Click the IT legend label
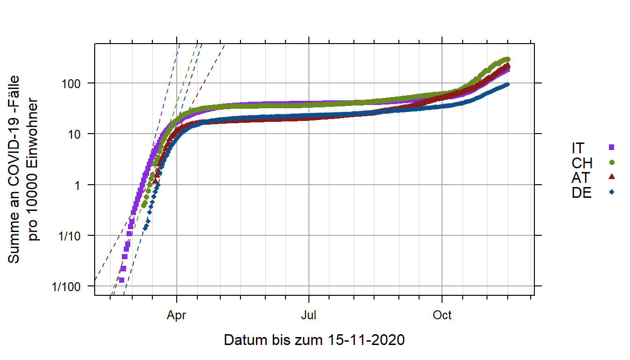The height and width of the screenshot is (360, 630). tap(578, 148)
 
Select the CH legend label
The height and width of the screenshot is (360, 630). tap(582, 163)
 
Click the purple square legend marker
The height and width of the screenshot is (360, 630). tap(611, 148)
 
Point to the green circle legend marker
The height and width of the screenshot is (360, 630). tap(611, 163)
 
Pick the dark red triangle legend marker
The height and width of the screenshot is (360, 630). tap(611, 177)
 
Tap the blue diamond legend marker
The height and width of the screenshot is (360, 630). tap(611, 192)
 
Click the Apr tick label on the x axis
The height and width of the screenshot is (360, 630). tap(176, 315)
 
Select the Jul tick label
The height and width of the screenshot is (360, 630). tap(309, 315)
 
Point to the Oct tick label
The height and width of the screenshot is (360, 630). tap(442, 315)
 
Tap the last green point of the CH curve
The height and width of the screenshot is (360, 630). tap(508, 59)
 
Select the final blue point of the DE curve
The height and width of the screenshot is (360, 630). tap(508, 84)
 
